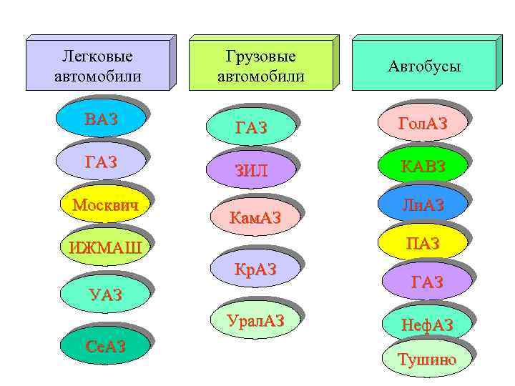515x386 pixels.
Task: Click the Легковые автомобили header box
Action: point(97,64)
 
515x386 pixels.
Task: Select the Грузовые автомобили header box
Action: point(260,66)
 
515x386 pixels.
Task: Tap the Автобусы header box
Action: point(424,66)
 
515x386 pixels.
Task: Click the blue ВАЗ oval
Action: point(101,119)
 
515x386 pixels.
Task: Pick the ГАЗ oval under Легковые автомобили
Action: point(101,162)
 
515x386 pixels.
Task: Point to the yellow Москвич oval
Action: point(105,205)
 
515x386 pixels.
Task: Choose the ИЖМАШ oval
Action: point(105,248)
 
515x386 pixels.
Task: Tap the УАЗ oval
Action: point(105,294)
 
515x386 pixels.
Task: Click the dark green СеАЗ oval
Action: point(105,347)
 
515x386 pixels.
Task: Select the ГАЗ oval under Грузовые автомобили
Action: point(250,128)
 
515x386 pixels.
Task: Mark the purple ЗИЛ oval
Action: point(250,171)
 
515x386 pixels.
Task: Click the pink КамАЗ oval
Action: point(255,216)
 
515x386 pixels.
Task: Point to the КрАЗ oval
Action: point(255,269)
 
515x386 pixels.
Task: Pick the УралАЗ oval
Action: point(255,321)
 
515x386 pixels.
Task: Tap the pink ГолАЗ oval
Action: point(423,123)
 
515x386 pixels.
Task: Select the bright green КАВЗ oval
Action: point(423,166)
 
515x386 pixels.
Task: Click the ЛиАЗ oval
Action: point(423,205)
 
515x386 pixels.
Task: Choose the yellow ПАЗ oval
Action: point(423,244)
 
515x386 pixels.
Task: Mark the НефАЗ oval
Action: point(427,325)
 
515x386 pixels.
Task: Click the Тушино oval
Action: point(427,359)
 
